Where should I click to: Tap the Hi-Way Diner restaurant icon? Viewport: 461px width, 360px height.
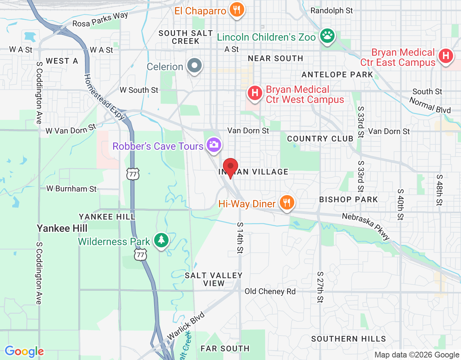[x=286, y=203]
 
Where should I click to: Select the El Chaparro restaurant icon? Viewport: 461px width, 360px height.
[x=236, y=10]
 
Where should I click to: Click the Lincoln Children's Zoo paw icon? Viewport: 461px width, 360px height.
[x=327, y=36]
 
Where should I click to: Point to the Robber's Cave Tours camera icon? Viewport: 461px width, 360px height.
[x=214, y=145]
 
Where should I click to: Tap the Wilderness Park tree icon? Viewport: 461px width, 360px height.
[x=161, y=240]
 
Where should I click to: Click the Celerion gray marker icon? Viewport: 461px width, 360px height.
[x=195, y=66]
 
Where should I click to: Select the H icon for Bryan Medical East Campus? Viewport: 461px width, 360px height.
[x=446, y=56]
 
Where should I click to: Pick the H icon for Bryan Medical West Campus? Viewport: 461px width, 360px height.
[x=255, y=93]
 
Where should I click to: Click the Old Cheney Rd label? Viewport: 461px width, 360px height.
[x=270, y=291]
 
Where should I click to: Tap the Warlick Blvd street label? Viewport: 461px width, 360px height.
[x=186, y=325]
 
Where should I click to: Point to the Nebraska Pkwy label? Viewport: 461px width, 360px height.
[x=366, y=226]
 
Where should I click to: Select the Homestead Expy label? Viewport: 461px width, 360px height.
[x=104, y=97]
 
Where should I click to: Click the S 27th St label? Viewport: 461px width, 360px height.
[x=320, y=287]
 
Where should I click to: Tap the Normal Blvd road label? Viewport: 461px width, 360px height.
[x=430, y=105]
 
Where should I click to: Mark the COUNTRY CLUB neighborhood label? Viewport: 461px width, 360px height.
[x=320, y=139]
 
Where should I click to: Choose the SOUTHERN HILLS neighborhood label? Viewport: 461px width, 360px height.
[x=348, y=339]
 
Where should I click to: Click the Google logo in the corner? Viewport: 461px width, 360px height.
[x=24, y=351]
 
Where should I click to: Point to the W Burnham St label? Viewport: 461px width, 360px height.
[x=71, y=189]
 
